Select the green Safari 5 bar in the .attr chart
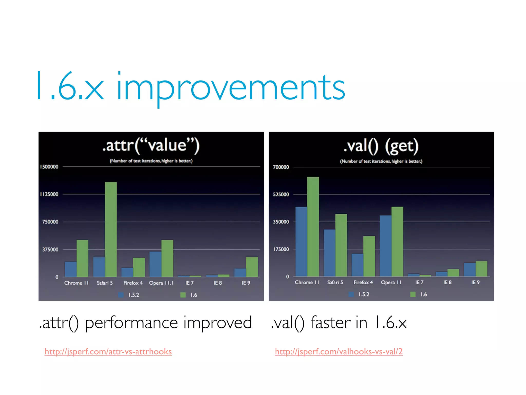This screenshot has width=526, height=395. coord(111,229)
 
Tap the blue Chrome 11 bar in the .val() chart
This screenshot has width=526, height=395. coord(301,242)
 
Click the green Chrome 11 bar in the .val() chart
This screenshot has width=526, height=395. coord(313,226)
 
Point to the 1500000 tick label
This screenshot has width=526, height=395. coord(49,167)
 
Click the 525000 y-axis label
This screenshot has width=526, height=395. coord(281,194)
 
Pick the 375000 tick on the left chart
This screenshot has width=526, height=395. coord(50,249)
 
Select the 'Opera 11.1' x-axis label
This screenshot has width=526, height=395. coord(161,283)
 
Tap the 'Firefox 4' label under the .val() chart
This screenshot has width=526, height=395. coord(363,282)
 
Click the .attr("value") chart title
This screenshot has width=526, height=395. coord(151,145)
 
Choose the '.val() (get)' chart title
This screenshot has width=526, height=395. coord(381,146)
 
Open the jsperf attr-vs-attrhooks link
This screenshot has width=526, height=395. coord(108,352)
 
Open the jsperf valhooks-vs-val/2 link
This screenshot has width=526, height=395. coord(339,352)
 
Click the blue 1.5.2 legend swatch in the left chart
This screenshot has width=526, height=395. coord(121,295)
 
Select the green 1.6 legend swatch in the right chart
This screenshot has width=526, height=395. coord(413,294)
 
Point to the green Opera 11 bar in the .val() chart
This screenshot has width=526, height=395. coord(397,242)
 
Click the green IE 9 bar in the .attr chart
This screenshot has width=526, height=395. coord(252,267)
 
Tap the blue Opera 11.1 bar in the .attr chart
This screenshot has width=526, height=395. coord(155,264)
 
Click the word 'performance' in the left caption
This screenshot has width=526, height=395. coord(131,323)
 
